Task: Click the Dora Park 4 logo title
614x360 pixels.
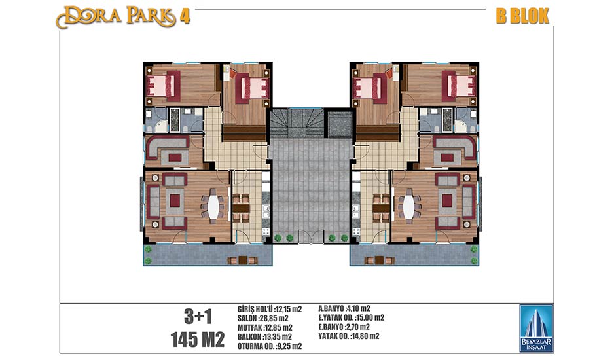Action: click(123, 17)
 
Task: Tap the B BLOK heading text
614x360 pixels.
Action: click(523, 16)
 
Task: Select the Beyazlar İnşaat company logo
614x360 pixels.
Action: click(536, 329)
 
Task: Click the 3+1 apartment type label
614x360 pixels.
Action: click(198, 317)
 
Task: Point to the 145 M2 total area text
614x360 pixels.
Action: click(198, 339)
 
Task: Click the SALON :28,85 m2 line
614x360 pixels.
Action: click(262, 319)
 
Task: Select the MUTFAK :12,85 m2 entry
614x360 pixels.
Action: click(264, 327)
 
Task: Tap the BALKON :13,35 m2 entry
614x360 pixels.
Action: click(264, 337)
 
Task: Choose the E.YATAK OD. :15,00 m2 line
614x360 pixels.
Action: click(352, 317)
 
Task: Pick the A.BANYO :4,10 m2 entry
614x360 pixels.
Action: click(344, 309)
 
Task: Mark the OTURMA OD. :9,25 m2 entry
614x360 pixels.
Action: click(270, 346)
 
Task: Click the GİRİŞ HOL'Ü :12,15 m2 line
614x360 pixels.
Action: click(270, 309)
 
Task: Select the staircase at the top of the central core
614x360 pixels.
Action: click(297, 124)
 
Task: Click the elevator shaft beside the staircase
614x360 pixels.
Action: click(340, 124)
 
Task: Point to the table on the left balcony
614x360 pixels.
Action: click(242, 261)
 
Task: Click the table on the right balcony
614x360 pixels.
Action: click(379, 261)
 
